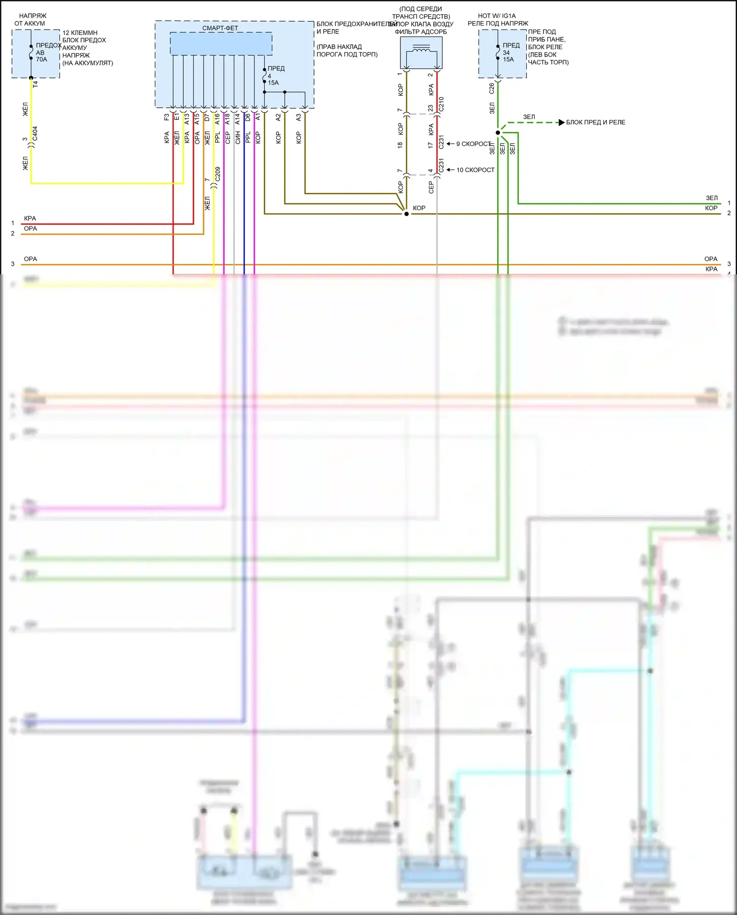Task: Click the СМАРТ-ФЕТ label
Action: coord(220,28)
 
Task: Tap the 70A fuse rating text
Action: coord(41,59)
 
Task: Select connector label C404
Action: coord(35,134)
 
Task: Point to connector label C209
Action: coord(218,174)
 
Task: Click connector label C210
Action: coord(441,104)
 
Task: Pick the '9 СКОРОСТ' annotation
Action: coord(474,144)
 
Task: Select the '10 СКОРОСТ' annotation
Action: coord(475,170)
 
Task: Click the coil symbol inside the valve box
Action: coord(421,50)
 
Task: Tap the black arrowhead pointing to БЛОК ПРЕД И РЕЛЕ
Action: coord(562,122)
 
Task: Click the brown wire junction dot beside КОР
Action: coord(406,214)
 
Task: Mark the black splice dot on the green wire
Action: coord(498,133)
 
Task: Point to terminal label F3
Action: coord(167,118)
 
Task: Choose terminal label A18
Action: coord(227,118)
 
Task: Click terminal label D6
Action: coord(248,118)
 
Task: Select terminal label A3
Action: coord(298,118)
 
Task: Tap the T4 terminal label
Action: coord(35,84)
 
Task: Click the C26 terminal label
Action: coord(492,89)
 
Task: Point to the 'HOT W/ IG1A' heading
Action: coord(497,16)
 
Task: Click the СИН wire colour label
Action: coord(238,138)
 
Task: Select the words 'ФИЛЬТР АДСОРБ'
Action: coord(421,32)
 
